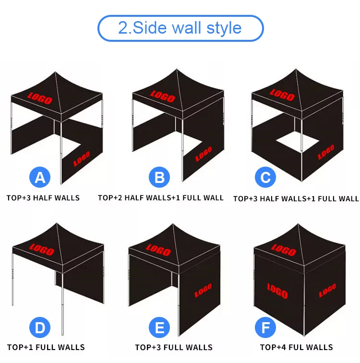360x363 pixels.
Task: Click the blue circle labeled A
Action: tap(40, 177)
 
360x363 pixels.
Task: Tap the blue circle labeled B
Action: tap(159, 177)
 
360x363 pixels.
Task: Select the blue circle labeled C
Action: tap(265, 177)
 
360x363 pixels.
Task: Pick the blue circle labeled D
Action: tap(40, 327)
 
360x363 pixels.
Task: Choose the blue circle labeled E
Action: tap(159, 327)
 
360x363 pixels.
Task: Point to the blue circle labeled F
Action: tap(265, 327)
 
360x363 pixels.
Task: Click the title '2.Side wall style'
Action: tap(180, 28)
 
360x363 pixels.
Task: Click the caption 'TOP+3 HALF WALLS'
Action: tap(43, 198)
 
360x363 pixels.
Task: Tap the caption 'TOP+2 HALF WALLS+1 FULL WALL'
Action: tap(161, 198)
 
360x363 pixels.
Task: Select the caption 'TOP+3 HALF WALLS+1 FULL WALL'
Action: tap(296, 199)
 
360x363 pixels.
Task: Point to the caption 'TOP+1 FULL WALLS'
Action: tap(46, 347)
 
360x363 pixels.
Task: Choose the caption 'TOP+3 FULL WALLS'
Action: tap(174, 347)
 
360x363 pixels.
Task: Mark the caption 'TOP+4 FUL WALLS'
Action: tap(296, 347)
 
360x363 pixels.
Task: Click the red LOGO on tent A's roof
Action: tap(40, 98)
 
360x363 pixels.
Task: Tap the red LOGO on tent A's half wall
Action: tap(82, 159)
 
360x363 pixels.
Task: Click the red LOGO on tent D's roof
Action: tap(42, 250)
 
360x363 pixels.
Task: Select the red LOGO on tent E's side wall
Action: tap(203, 290)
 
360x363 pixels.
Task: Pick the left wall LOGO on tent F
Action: tap(277, 291)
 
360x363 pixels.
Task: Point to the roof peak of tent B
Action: tap(177, 69)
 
